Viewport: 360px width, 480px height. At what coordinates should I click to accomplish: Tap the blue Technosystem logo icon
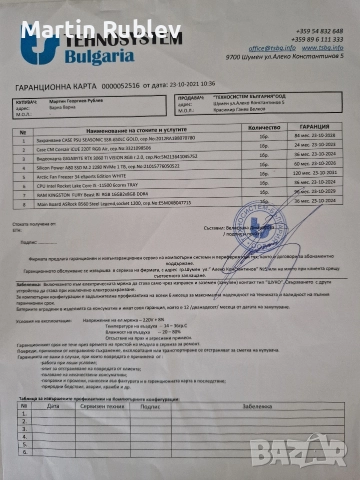click(41, 45)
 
